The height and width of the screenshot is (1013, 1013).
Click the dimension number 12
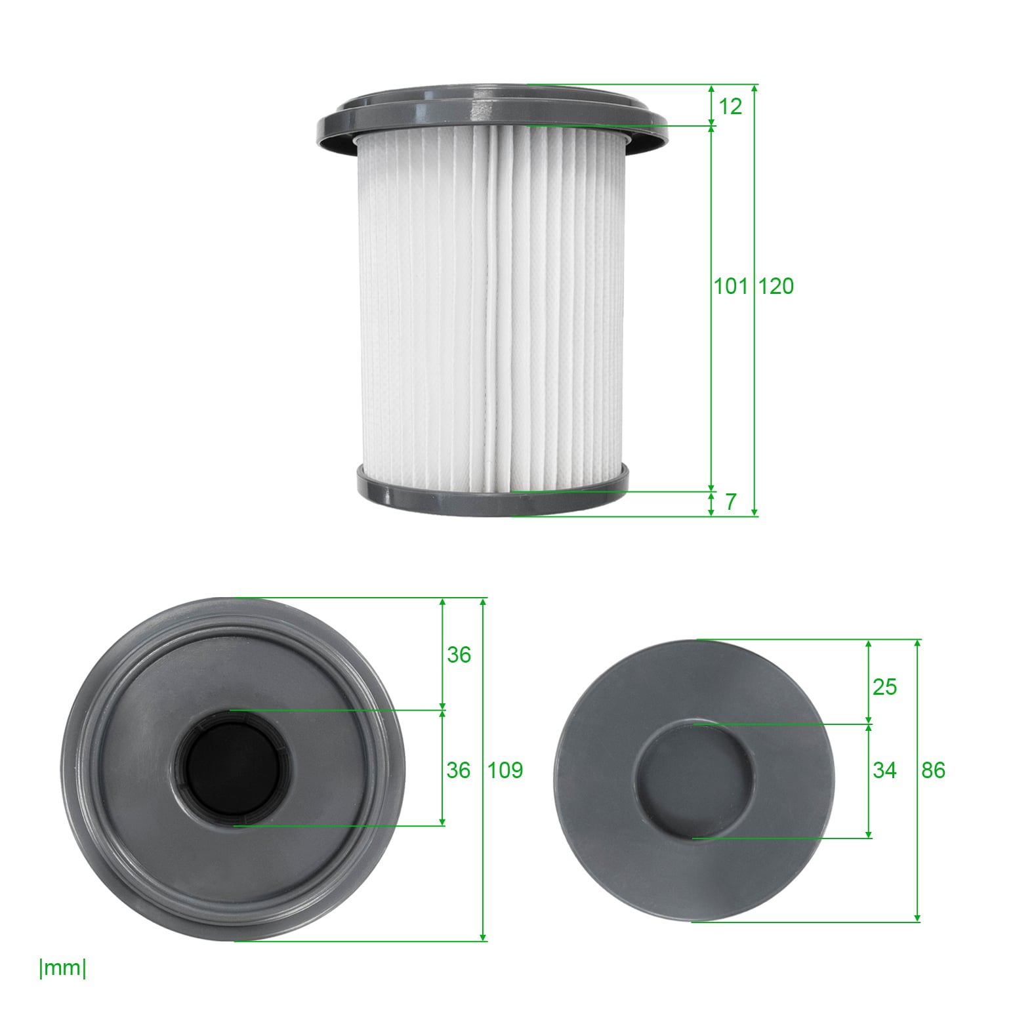pyautogui.click(x=730, y=106)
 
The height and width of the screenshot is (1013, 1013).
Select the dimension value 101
pyautogui.click(x=731, y=286)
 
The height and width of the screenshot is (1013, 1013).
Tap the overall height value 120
pyautogui.click(x=776, y=286)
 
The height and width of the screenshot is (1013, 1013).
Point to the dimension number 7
pyautogui.click(x=731, y=502)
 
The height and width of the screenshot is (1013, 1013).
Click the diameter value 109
pyautogui.click(x=505, y=770)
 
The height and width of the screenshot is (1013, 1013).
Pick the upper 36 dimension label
pyautogui.click(x=459, y=655)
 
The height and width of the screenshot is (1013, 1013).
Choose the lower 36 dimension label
pyautogui.click(x=459, y=770)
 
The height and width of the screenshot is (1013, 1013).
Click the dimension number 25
pyautogui.click(x=884, y=687)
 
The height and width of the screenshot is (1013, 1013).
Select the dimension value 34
pyautogui.click(x=884, y=770)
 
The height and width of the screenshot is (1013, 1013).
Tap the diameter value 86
pyautogui.click(x=933, y=770)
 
